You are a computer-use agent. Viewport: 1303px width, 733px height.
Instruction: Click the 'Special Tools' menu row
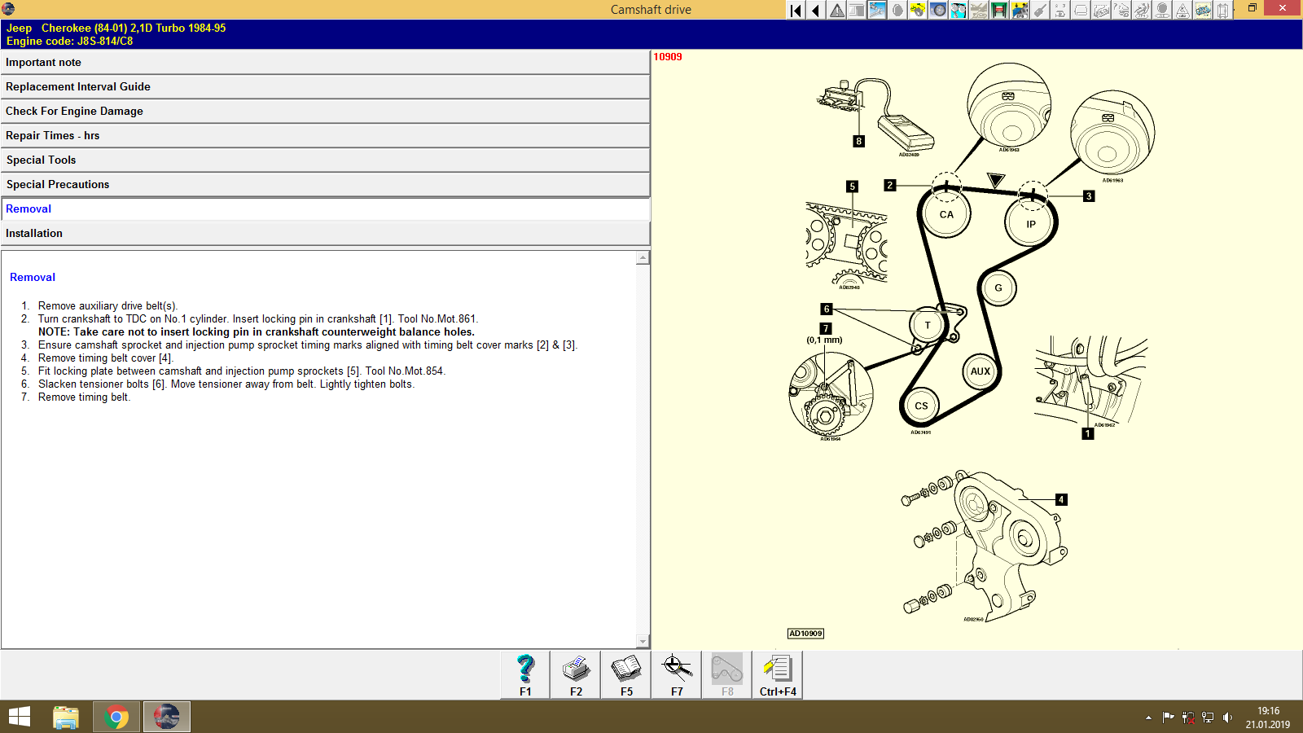pyautogui.click(x=326, y=160)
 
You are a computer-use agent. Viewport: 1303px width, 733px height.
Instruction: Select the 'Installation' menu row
pyautogui.click(x=326, y=234)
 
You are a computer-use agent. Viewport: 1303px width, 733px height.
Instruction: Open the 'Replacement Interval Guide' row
pyautogui.click(x=326, y=87)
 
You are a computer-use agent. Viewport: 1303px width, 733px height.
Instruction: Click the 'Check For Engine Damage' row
pyautogui.click(x=326, y=112)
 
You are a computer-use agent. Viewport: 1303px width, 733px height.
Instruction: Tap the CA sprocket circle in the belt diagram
pyautogui.click(x=946, y=215)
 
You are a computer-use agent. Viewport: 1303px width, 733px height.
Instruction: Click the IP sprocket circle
pyautogui.click(x=1031, y=224)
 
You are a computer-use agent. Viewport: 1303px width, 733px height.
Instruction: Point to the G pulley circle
pyautogui.click(x=998, y=288)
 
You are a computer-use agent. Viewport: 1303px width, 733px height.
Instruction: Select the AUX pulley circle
pyautogui.click(x=981, y=371)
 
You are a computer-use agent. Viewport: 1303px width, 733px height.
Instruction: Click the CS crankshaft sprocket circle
pyautogui.click(x=921, y=406)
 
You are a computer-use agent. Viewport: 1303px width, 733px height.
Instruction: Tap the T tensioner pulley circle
pyautogui.click(x=928, y=326)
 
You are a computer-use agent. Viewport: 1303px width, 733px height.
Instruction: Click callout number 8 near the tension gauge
pyautogui.click(x=858, y=142)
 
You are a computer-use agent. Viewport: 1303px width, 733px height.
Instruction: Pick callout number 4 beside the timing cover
pyautogui.click(x=1061, y=500)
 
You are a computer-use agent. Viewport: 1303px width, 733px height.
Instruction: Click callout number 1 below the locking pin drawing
pyautogui.click(x=1087, y=434)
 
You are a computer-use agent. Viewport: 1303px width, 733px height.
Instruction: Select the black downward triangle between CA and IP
pyautogui.click(x=996, y=179)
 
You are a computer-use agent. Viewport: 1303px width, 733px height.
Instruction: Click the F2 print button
pyautogui.click(x=576, y=675)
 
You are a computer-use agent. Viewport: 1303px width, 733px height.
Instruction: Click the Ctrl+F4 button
pyautogui.click(x=778, y=675)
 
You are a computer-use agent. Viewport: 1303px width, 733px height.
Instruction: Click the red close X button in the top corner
pyautogui.click(x=1283, y=8)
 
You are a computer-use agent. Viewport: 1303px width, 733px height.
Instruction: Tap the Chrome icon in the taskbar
pyautogui.click(x=116, y=717)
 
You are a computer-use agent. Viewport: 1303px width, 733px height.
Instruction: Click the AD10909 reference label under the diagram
pyautogui.click(x=805, y=634)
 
